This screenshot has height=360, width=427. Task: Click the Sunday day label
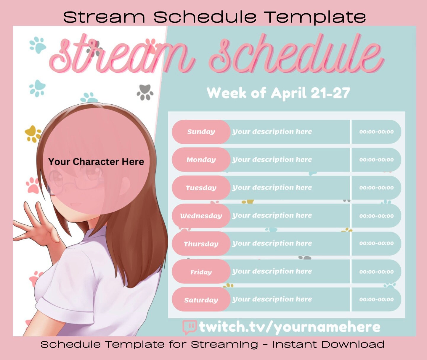201,132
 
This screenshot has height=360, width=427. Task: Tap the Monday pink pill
201,160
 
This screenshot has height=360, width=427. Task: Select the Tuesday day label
201,188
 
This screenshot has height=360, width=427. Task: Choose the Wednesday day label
201,216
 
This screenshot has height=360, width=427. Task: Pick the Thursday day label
201,244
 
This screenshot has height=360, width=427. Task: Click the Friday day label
201,272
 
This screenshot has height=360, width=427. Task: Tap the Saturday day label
201,300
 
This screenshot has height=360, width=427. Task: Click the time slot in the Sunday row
376,132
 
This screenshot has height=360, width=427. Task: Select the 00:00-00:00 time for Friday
376,272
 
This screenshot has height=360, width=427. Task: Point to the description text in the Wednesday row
272,215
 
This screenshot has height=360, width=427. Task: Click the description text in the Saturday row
272,299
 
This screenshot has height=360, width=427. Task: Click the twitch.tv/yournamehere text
289,327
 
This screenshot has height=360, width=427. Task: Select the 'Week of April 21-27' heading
278,93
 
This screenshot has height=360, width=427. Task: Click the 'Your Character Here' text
96,162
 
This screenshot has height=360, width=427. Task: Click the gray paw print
145,92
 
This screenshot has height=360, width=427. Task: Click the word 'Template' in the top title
314,17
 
